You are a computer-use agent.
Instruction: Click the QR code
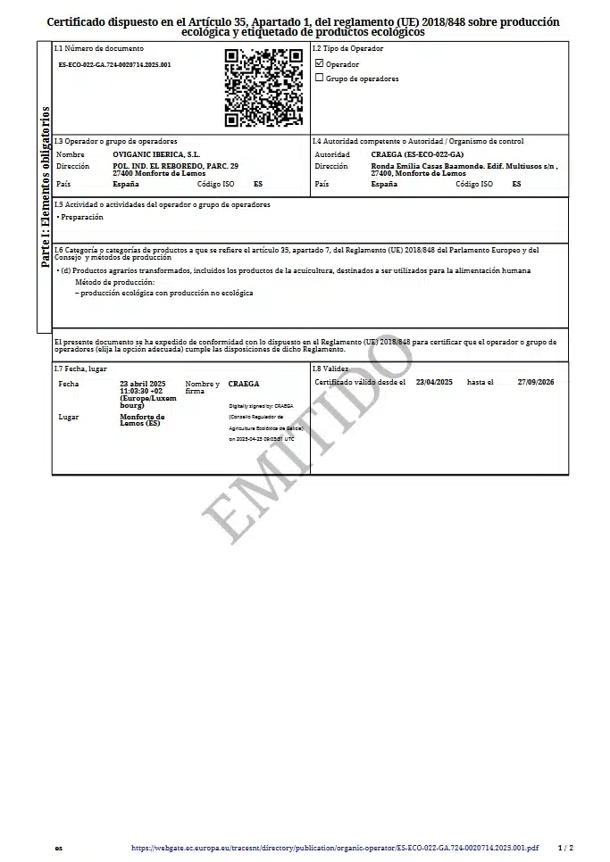click(263, 87)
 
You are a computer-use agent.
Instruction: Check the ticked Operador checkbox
click(320, 64)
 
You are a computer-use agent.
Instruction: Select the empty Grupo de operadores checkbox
click(320, 78)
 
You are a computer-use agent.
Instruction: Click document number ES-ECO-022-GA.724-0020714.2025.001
click(114, 65)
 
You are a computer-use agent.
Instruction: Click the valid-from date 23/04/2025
click(434, 381)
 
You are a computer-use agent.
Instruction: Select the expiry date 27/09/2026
click(536, 381)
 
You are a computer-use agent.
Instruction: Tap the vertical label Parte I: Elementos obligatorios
click(45, 188)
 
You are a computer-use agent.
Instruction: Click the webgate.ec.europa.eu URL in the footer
click(335, 848)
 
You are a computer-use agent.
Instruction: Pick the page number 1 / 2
click(565, 848)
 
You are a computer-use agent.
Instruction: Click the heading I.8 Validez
click(330, 368)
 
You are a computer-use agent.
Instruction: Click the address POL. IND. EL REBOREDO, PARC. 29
click(176, 166)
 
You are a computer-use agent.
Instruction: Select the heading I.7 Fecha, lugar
click(81, 369)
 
